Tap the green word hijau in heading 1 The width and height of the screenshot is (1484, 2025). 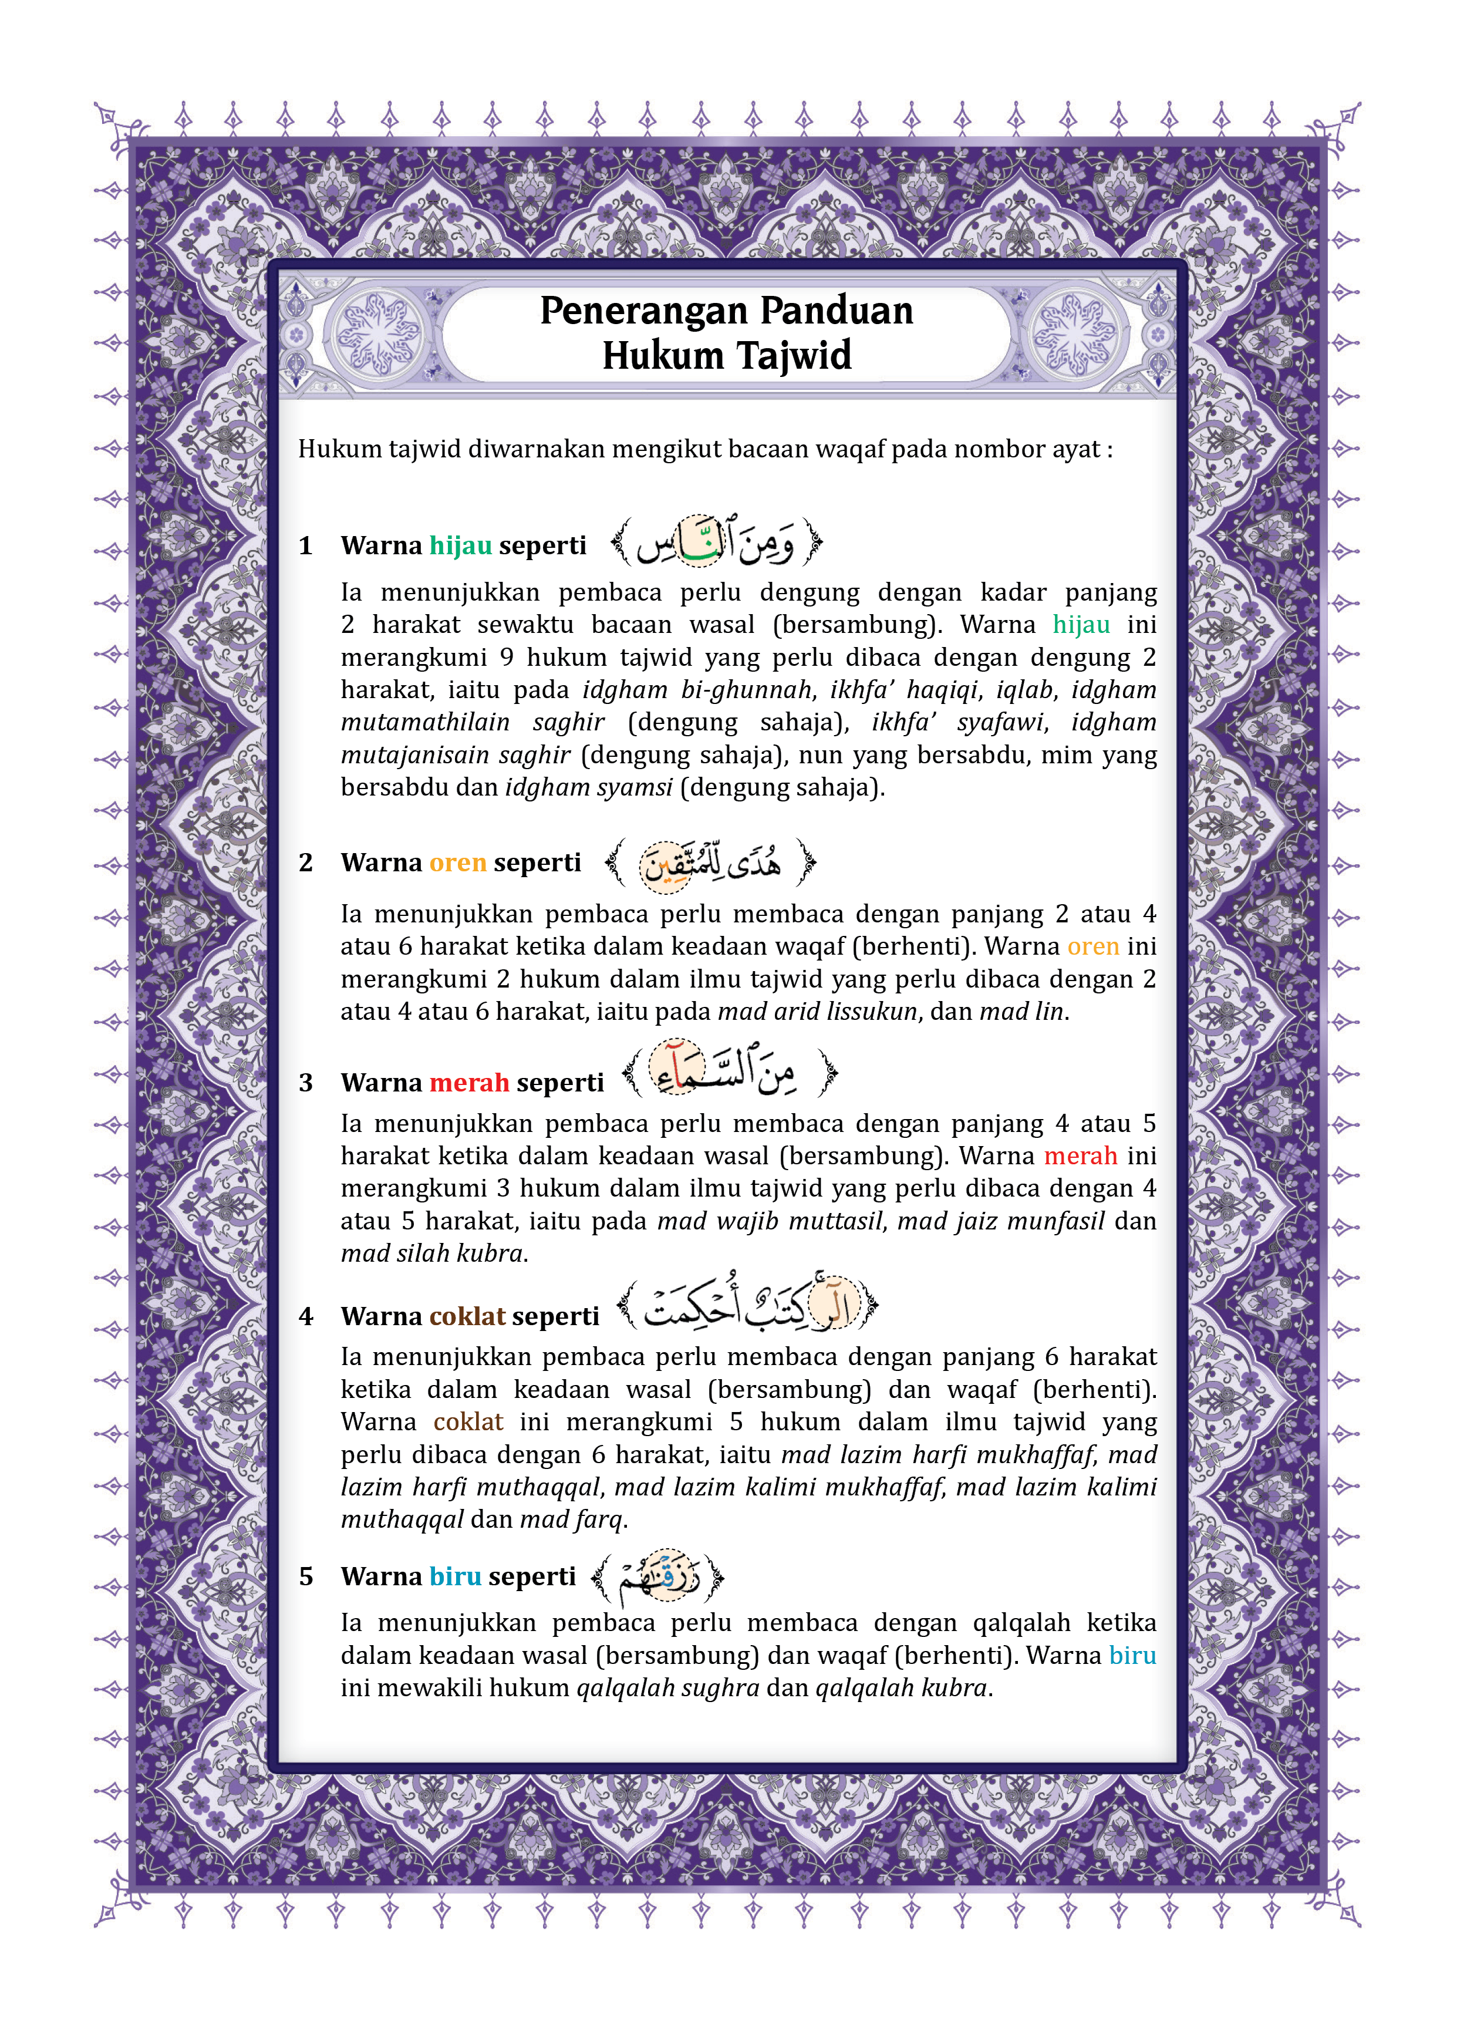tap(460, 545)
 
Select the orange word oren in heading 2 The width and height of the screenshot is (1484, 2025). tap(457, 862)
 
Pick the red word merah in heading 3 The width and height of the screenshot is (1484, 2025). tap(469, 1083)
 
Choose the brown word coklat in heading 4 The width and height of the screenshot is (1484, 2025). tap(467, 1316)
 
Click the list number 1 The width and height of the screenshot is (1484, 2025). tap(305, 546)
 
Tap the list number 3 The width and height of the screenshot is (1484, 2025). tap(305, 1083)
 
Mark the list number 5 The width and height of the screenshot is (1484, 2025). tap(305, 1576)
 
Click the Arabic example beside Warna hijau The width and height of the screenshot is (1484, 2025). tap(716, 542)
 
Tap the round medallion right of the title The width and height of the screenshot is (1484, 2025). tap(1075, 333)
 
